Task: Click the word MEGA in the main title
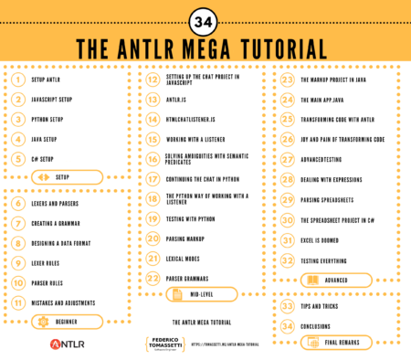[x=216, y=48]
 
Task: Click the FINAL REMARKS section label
[x=341, y=343]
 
